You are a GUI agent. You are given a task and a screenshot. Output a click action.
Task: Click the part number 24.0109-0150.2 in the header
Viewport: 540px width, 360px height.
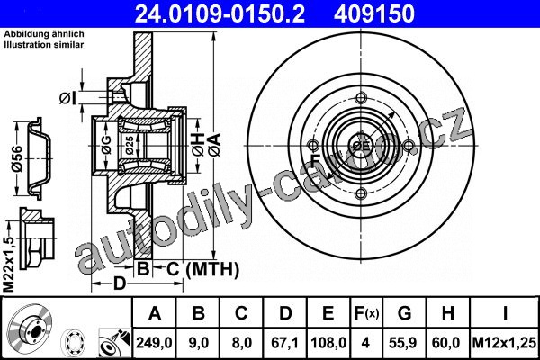pos(220,14)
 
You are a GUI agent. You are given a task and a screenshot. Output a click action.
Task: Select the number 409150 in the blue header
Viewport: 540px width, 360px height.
pos(374,14)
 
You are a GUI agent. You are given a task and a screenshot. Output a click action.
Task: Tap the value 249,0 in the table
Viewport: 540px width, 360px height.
pos(154,342)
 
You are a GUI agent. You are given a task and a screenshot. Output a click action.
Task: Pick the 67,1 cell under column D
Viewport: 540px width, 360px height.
pos(284,342)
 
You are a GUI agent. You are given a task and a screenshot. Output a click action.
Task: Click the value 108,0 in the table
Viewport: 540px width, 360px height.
pos(328,342)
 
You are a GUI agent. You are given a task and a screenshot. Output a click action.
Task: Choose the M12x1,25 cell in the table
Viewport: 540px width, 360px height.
pos(505,342)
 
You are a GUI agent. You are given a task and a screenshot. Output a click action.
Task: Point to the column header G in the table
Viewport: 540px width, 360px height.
pos(404,313)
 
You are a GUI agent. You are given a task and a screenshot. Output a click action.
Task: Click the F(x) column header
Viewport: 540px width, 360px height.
pos(366,313)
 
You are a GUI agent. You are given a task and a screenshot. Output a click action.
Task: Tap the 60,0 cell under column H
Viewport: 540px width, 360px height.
pos(446,342)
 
